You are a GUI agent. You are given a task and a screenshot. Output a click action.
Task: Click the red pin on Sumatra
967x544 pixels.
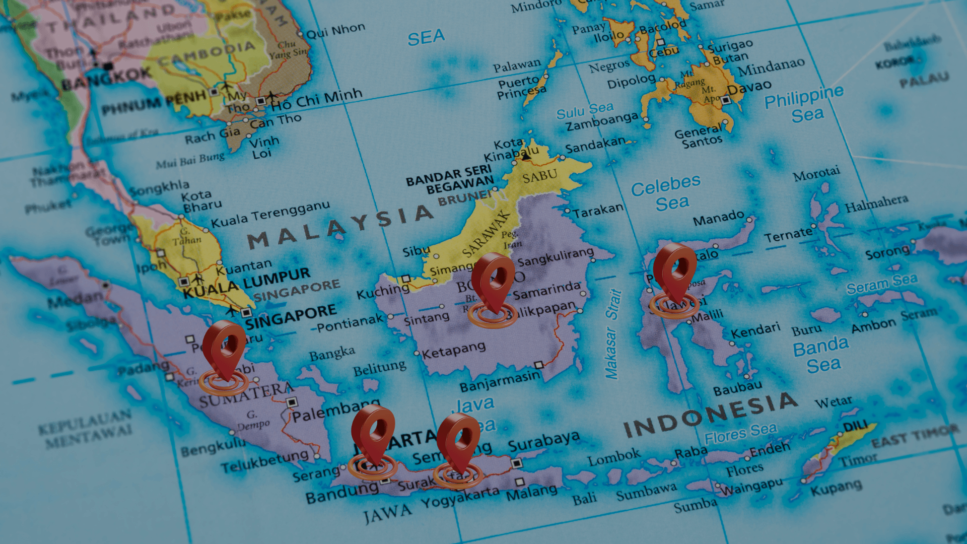point(224,348)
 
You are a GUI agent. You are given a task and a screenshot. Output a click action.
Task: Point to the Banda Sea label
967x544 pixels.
point(821,355)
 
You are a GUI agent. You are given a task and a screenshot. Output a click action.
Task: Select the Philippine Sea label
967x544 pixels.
point(804,104)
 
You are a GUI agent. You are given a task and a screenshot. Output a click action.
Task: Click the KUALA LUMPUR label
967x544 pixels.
point(247,283)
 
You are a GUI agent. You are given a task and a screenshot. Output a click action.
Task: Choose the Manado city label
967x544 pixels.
point(718,218)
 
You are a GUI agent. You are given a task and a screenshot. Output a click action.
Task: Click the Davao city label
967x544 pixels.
point(749,88)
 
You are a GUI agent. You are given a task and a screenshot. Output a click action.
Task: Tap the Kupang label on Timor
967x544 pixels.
point(836,488)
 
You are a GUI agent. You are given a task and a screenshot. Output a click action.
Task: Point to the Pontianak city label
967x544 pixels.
point(350,322)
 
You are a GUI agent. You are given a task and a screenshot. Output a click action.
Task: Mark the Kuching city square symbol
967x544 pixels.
point(405,279)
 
